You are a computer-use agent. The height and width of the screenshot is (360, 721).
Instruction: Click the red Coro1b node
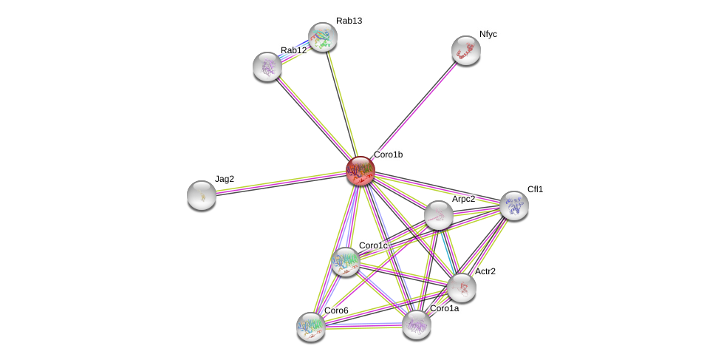[360, 171]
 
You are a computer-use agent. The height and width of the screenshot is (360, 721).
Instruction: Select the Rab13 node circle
[323, 37]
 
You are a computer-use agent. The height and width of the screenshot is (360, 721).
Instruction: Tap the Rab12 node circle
[267, 67]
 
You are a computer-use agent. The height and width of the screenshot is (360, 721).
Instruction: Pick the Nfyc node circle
[466, 50]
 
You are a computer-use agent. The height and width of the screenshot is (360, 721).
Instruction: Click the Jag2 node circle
[202, 195]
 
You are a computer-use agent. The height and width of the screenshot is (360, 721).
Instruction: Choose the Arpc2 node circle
[439, 215]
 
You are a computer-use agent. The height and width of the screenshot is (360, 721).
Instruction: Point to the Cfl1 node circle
[514, 206]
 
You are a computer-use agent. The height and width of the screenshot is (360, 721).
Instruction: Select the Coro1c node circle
[346, 261]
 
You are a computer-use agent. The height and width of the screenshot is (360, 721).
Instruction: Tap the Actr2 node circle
[462, 288]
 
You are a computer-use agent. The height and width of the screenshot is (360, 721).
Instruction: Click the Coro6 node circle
[311, 326]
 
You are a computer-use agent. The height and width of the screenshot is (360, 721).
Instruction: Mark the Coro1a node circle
[417, 324]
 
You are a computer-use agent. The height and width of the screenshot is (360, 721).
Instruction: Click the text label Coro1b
[388, 154]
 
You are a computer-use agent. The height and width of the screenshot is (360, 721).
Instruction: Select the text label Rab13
[349, 21]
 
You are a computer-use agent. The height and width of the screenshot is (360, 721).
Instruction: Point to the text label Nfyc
[488, 34]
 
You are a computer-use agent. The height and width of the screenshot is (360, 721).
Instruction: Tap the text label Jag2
[225, 179]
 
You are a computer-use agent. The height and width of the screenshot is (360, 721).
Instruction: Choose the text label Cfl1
[535, 189]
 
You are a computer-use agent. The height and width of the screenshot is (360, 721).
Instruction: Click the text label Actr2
[485, 271]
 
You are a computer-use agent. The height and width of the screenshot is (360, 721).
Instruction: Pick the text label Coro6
[336, 310]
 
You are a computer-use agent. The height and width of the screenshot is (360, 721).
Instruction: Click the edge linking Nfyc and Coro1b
[414, 110]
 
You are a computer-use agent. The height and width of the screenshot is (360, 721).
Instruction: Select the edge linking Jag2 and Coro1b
[281, 183]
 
